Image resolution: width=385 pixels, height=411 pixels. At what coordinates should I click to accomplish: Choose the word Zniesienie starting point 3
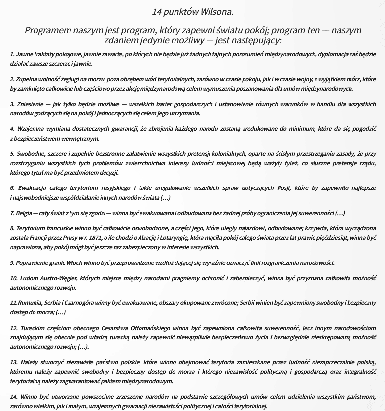point(28,105)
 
